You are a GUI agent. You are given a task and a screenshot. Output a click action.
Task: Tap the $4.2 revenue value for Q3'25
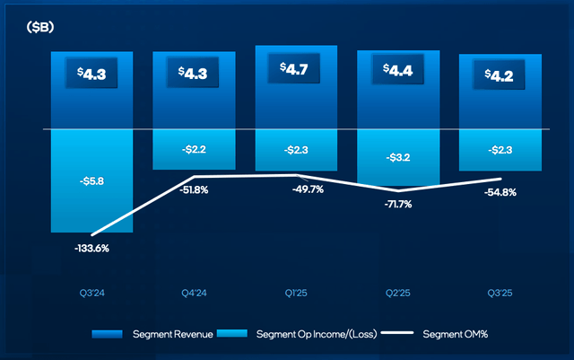tap(499, 75)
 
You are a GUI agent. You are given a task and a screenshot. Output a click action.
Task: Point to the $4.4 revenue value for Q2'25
tap(396, 69)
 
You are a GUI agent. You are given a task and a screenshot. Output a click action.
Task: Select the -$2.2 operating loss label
tap(192, 149)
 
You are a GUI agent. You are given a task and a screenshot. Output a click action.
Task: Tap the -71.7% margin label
tap(396, 206)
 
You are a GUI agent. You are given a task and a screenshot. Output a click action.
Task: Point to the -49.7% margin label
tap(294, 189)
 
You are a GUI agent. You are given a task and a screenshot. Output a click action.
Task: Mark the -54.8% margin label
tap(499, 193)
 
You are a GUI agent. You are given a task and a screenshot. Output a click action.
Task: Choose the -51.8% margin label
tap(192, 189)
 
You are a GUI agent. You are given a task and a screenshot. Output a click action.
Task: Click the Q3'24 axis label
tap(91, 290)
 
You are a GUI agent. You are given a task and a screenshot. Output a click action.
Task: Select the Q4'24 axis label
tap(192, 290)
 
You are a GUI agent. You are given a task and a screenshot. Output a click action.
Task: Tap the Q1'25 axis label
tap(294, 290)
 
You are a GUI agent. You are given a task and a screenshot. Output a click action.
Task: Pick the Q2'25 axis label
tap(396, 290)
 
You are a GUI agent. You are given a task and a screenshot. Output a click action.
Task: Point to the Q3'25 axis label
tap(499, 290)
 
